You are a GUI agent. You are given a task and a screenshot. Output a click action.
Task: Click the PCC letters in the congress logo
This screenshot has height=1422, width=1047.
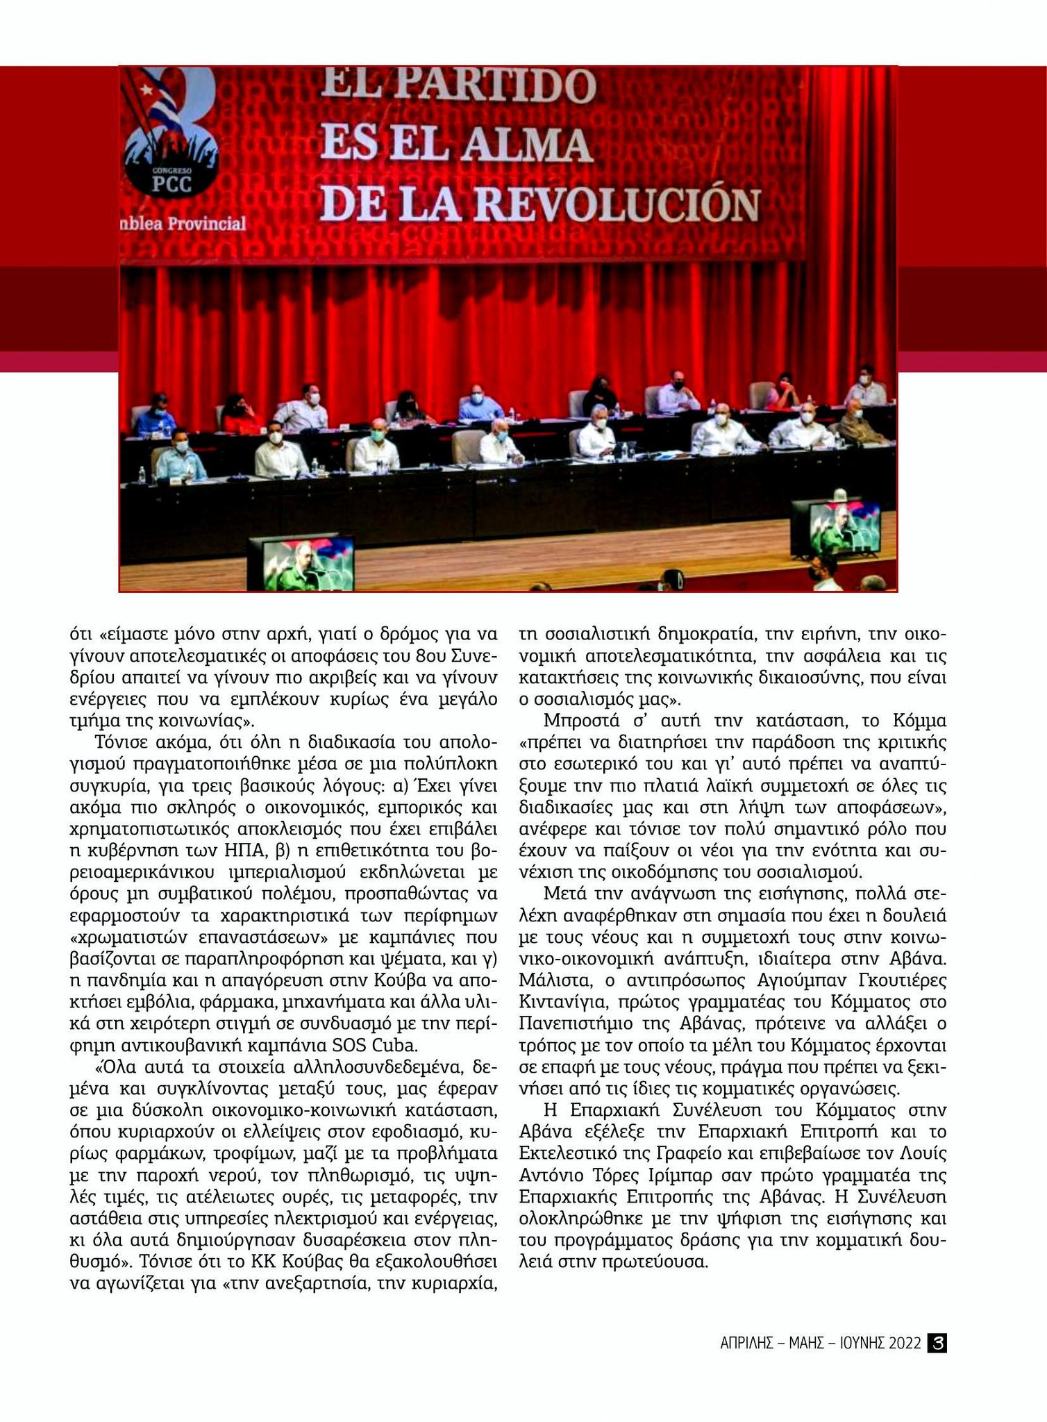[x=171, y=183]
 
